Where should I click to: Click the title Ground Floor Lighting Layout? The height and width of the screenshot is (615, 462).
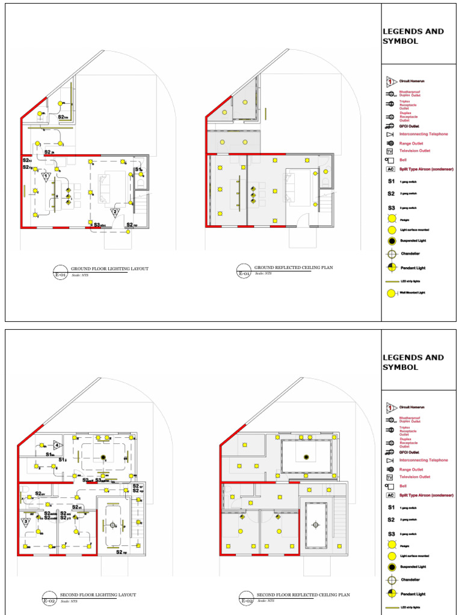pos(109,269)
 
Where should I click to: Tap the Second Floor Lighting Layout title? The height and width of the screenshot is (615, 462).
pos(97,595)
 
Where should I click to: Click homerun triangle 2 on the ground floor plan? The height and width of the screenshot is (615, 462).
pos(115,212)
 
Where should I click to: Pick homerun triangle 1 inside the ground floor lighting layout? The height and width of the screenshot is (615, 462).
pos(45,177)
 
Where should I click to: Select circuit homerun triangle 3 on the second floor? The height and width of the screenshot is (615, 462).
pos(26,522)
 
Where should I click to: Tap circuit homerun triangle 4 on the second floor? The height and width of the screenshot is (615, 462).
pos(57,445)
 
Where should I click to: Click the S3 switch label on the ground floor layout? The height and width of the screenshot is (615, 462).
pos(99,225)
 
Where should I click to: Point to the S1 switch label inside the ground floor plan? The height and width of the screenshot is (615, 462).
pos(138,170)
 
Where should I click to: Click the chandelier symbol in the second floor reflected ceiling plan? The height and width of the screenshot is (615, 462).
pos(315,524)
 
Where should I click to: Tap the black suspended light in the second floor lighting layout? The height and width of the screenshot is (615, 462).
pos(103,458)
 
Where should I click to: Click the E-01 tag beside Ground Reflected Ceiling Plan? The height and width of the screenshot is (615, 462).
pos(244,274)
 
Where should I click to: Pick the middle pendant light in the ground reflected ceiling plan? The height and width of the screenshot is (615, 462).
pos(253,196)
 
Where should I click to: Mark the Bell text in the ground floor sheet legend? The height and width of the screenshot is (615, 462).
pos(404,160)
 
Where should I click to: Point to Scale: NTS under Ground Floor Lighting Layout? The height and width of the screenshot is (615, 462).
pos(79,275)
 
